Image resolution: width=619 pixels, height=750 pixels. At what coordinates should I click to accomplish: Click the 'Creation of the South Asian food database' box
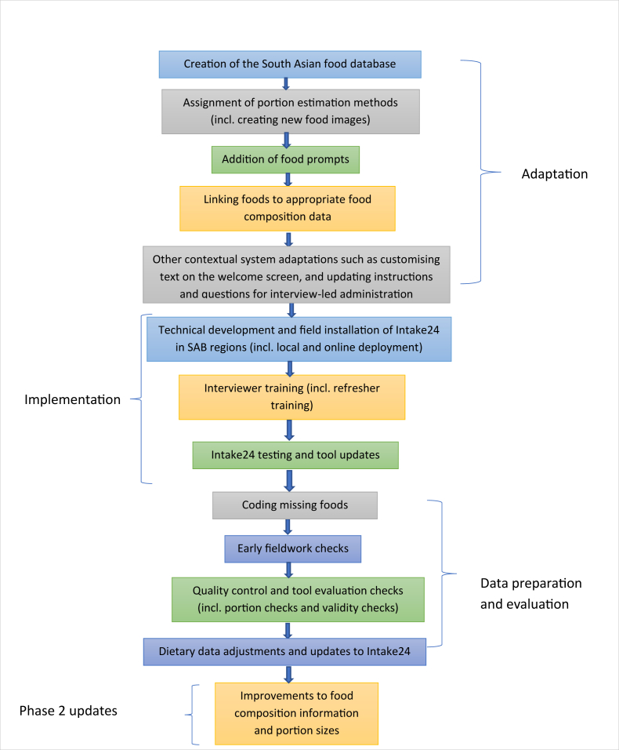[290, 64]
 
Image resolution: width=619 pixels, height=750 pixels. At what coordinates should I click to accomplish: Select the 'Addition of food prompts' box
[286, 159]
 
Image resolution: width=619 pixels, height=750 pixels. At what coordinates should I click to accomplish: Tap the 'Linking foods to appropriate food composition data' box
[288, 208]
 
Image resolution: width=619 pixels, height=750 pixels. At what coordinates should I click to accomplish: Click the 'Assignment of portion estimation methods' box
[291, 111]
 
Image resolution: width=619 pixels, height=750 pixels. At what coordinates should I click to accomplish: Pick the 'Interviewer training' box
[291, 397]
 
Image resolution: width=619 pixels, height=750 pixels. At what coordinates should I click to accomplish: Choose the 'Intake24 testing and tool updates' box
[295, 455]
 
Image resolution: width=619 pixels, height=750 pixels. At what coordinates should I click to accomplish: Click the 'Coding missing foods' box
[295, 505]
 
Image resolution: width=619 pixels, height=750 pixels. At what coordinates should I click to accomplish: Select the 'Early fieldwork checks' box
[293, 548]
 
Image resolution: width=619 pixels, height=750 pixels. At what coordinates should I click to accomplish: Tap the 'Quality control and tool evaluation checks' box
[298, 599]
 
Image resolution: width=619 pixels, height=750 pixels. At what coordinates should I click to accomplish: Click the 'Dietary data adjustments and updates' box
[284, 651]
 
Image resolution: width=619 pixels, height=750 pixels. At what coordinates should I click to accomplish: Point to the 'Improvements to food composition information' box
[296, 713]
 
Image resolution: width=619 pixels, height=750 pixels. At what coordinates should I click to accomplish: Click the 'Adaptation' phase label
[555, 173]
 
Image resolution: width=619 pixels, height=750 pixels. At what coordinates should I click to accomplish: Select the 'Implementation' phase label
[73, 399]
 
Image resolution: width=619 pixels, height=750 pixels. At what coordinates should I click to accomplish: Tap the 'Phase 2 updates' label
[68, 711]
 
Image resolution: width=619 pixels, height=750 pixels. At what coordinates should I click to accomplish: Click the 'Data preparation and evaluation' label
[531, 594]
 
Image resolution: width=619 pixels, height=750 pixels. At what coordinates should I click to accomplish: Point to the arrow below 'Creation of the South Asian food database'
[286, 84]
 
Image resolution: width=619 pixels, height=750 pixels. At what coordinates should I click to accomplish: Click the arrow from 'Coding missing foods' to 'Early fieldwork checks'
[288, 527]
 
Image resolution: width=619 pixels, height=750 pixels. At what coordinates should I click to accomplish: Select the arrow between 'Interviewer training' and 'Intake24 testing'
[289, 431]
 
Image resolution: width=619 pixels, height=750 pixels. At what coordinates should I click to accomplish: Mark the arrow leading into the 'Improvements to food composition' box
[288, 674]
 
